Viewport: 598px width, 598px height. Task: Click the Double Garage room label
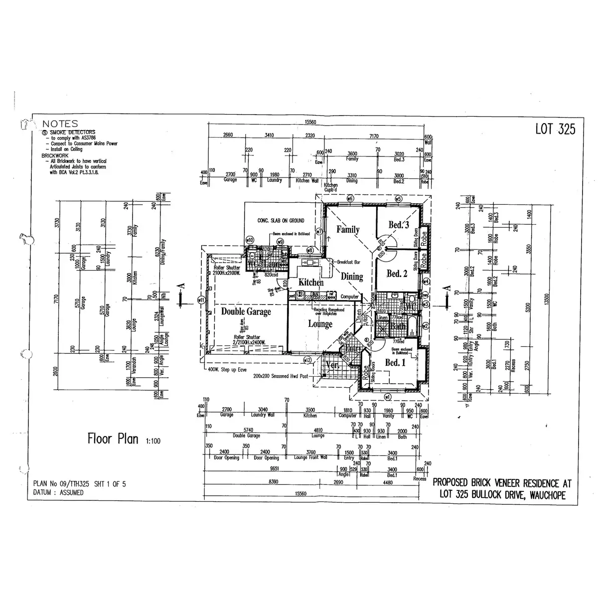point(246,312)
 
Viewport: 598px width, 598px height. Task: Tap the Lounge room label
point(320,324)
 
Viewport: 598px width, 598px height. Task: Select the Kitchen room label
point(311,283)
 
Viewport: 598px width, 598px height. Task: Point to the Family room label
point(347,230)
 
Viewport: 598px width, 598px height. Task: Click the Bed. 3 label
point(399,225)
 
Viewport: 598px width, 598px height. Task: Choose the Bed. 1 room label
point(396,363)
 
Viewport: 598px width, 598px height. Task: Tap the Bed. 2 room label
point(397,274)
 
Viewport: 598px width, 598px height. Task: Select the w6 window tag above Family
point(350,199)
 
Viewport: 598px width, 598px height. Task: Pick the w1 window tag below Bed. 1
point(388,397)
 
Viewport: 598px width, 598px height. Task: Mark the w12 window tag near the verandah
point(307,360)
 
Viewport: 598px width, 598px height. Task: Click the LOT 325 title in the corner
point(555,129)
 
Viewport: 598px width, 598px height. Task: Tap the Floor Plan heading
point(113,439)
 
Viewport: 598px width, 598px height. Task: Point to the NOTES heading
point(60,124)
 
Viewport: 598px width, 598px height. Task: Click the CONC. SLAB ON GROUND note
point(281,220)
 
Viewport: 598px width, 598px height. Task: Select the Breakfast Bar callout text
point(349,262)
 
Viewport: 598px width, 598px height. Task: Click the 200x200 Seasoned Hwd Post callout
point(282,377)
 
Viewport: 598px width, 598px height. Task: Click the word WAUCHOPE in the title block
point(544,495)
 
